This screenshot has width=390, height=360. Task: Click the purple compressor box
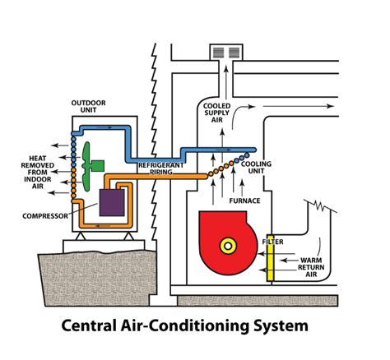tap(111, 201)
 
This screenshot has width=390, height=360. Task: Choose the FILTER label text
tap(274, 242)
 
